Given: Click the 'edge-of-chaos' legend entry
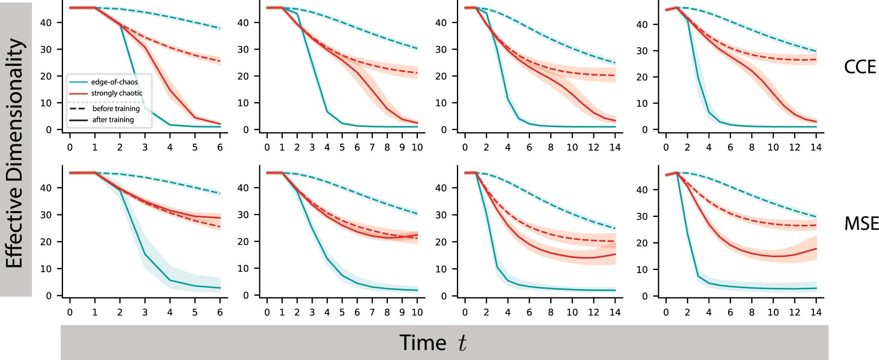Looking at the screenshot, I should click(x=114, y=82).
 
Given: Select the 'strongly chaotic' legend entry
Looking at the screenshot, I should click(x=117, y=93).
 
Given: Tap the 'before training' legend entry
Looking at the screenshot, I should click(x=116, y=109).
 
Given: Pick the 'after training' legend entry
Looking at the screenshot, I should click(x=113, y=120).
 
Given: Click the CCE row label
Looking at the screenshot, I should click(x=860, y=67).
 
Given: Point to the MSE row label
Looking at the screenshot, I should click(x=861, y=224).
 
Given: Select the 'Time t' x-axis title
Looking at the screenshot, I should click(x=433, y=343).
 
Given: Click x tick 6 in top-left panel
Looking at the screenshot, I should click(x=220, y=147).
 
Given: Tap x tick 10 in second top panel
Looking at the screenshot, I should click(x=417, y=147).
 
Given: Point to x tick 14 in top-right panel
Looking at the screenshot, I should click(x=816, y=147).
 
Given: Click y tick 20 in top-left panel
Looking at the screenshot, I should click(x=46, y=76).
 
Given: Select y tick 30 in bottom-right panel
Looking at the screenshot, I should click(x=642, y=216).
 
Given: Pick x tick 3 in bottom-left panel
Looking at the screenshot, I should click(x=145, y=312).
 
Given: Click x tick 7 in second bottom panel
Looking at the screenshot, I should click(x=372, y=312).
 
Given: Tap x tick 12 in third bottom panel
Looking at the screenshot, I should click(x=594, y=312).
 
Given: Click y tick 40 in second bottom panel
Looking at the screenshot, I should click(x=243, y=188).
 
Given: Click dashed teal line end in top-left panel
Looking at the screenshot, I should click(x=220, y=28).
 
